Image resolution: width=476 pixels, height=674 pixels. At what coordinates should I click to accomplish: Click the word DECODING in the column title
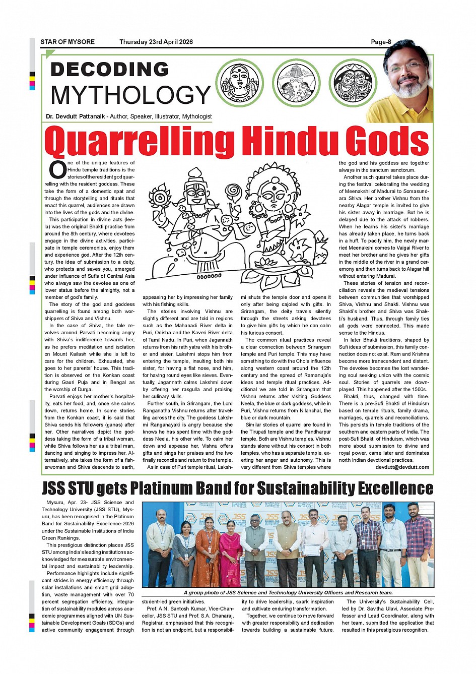(x=110, y=70)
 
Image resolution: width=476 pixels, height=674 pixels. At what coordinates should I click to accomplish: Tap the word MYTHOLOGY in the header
(x=130, y=95)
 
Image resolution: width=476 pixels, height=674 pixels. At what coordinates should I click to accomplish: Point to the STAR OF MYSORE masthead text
(x=67, y=42)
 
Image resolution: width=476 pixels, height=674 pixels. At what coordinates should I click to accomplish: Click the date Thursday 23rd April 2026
(x=156, y=42)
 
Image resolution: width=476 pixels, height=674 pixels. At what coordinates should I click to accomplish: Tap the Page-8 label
(x=381, y=42)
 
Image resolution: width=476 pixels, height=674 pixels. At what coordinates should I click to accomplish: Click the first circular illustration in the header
(x=240, y=83)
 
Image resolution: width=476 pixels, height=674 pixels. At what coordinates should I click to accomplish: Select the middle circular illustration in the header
(x=296, y=83)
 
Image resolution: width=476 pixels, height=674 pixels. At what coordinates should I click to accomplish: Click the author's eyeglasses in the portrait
(x=407, y=66)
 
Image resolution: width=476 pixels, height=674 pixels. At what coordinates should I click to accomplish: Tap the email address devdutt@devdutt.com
(x=402, y=467)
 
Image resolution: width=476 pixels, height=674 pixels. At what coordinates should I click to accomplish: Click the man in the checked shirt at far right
(x=419, y=544)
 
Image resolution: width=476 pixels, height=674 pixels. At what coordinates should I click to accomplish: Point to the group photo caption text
(x=288, y=593)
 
